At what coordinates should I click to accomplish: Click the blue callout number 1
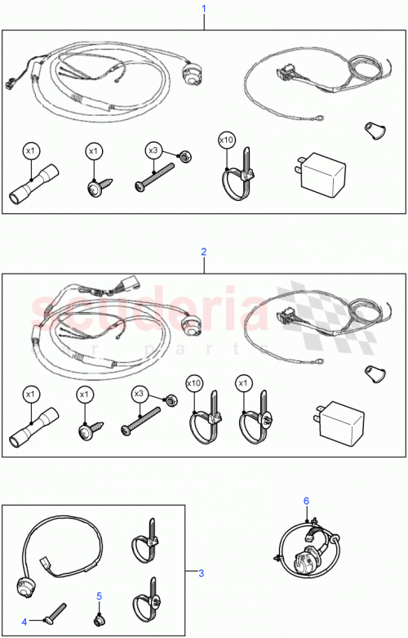click(x=203, y=8)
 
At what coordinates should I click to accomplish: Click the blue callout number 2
click(x=203, y=253)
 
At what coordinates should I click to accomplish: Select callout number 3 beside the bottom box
click(x=202, y=572)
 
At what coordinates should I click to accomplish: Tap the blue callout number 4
click(x=24, y=622)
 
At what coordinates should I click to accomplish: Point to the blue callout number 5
click(x=99, y=596)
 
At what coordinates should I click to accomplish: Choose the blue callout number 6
click(x=306, y=500)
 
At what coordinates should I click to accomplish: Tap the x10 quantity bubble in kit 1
click(x=226, y=141)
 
